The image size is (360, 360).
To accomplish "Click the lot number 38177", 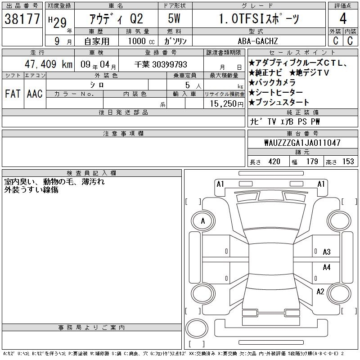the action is click(22, 19).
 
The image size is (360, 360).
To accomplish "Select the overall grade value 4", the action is click(343, 18).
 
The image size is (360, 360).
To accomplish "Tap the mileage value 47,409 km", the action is click(49, 64).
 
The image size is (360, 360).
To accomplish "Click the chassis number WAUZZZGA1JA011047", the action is click(302, 143).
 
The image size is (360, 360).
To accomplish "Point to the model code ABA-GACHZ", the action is click(258, 41).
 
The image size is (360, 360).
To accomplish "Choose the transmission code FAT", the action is click(13, 94).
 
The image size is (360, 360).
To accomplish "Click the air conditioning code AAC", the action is click(35, 94).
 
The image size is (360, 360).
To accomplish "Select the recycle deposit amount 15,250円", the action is click(227, 104).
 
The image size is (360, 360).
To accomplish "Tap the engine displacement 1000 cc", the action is click(141, 41).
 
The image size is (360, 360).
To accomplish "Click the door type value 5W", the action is click(174, 18).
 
